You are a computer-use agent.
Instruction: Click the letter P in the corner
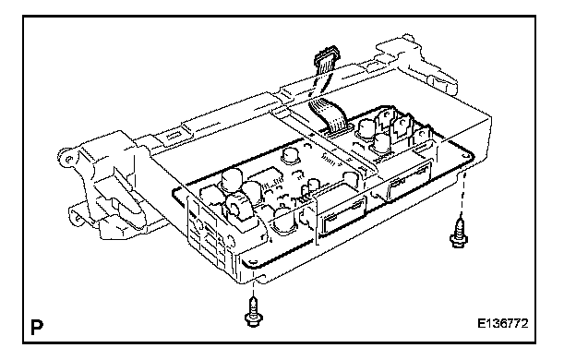[37, 327]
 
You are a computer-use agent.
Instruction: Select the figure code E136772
[502, 324]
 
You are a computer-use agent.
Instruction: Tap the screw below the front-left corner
[253, 312]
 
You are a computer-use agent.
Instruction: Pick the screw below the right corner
[459, 234]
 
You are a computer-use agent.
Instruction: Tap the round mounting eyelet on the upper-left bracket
[68, 159]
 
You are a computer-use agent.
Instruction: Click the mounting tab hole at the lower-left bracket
[78, 218]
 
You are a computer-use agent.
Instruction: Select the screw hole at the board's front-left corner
[252, 261]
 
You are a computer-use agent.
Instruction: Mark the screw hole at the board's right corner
[466, 156]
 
